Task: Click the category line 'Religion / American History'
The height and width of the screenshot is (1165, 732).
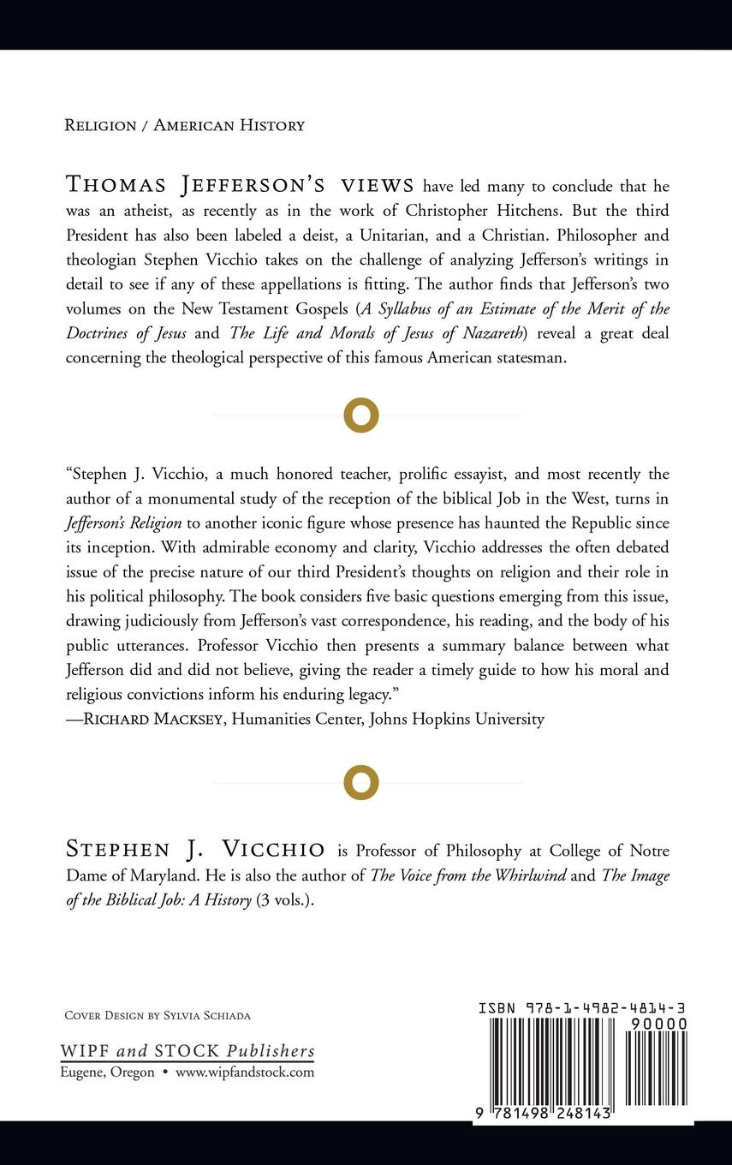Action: pyautogui.click(x=184, y=125)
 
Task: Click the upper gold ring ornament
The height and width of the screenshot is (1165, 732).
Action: pyautogui.click(x=361, y=415)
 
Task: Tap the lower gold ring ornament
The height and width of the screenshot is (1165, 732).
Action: pyautogui.click(x=361, y=782)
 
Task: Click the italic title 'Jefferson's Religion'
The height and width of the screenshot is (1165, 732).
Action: pyautogui.click(x=123, y=523)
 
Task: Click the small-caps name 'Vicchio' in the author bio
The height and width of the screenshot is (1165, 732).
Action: pyautogui.click(x=273, y=850)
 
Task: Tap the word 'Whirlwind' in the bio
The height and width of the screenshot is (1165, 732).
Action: pyautogui.click(x=528, y=875)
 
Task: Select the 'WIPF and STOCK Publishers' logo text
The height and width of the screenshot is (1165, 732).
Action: pyautogui.click(x=187, y=1051)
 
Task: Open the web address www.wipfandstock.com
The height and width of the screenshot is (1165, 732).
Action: pyautogui.click(x=245, y=1072)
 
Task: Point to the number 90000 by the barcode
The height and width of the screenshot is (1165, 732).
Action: pyautogui.click(x=658, y=1024)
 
